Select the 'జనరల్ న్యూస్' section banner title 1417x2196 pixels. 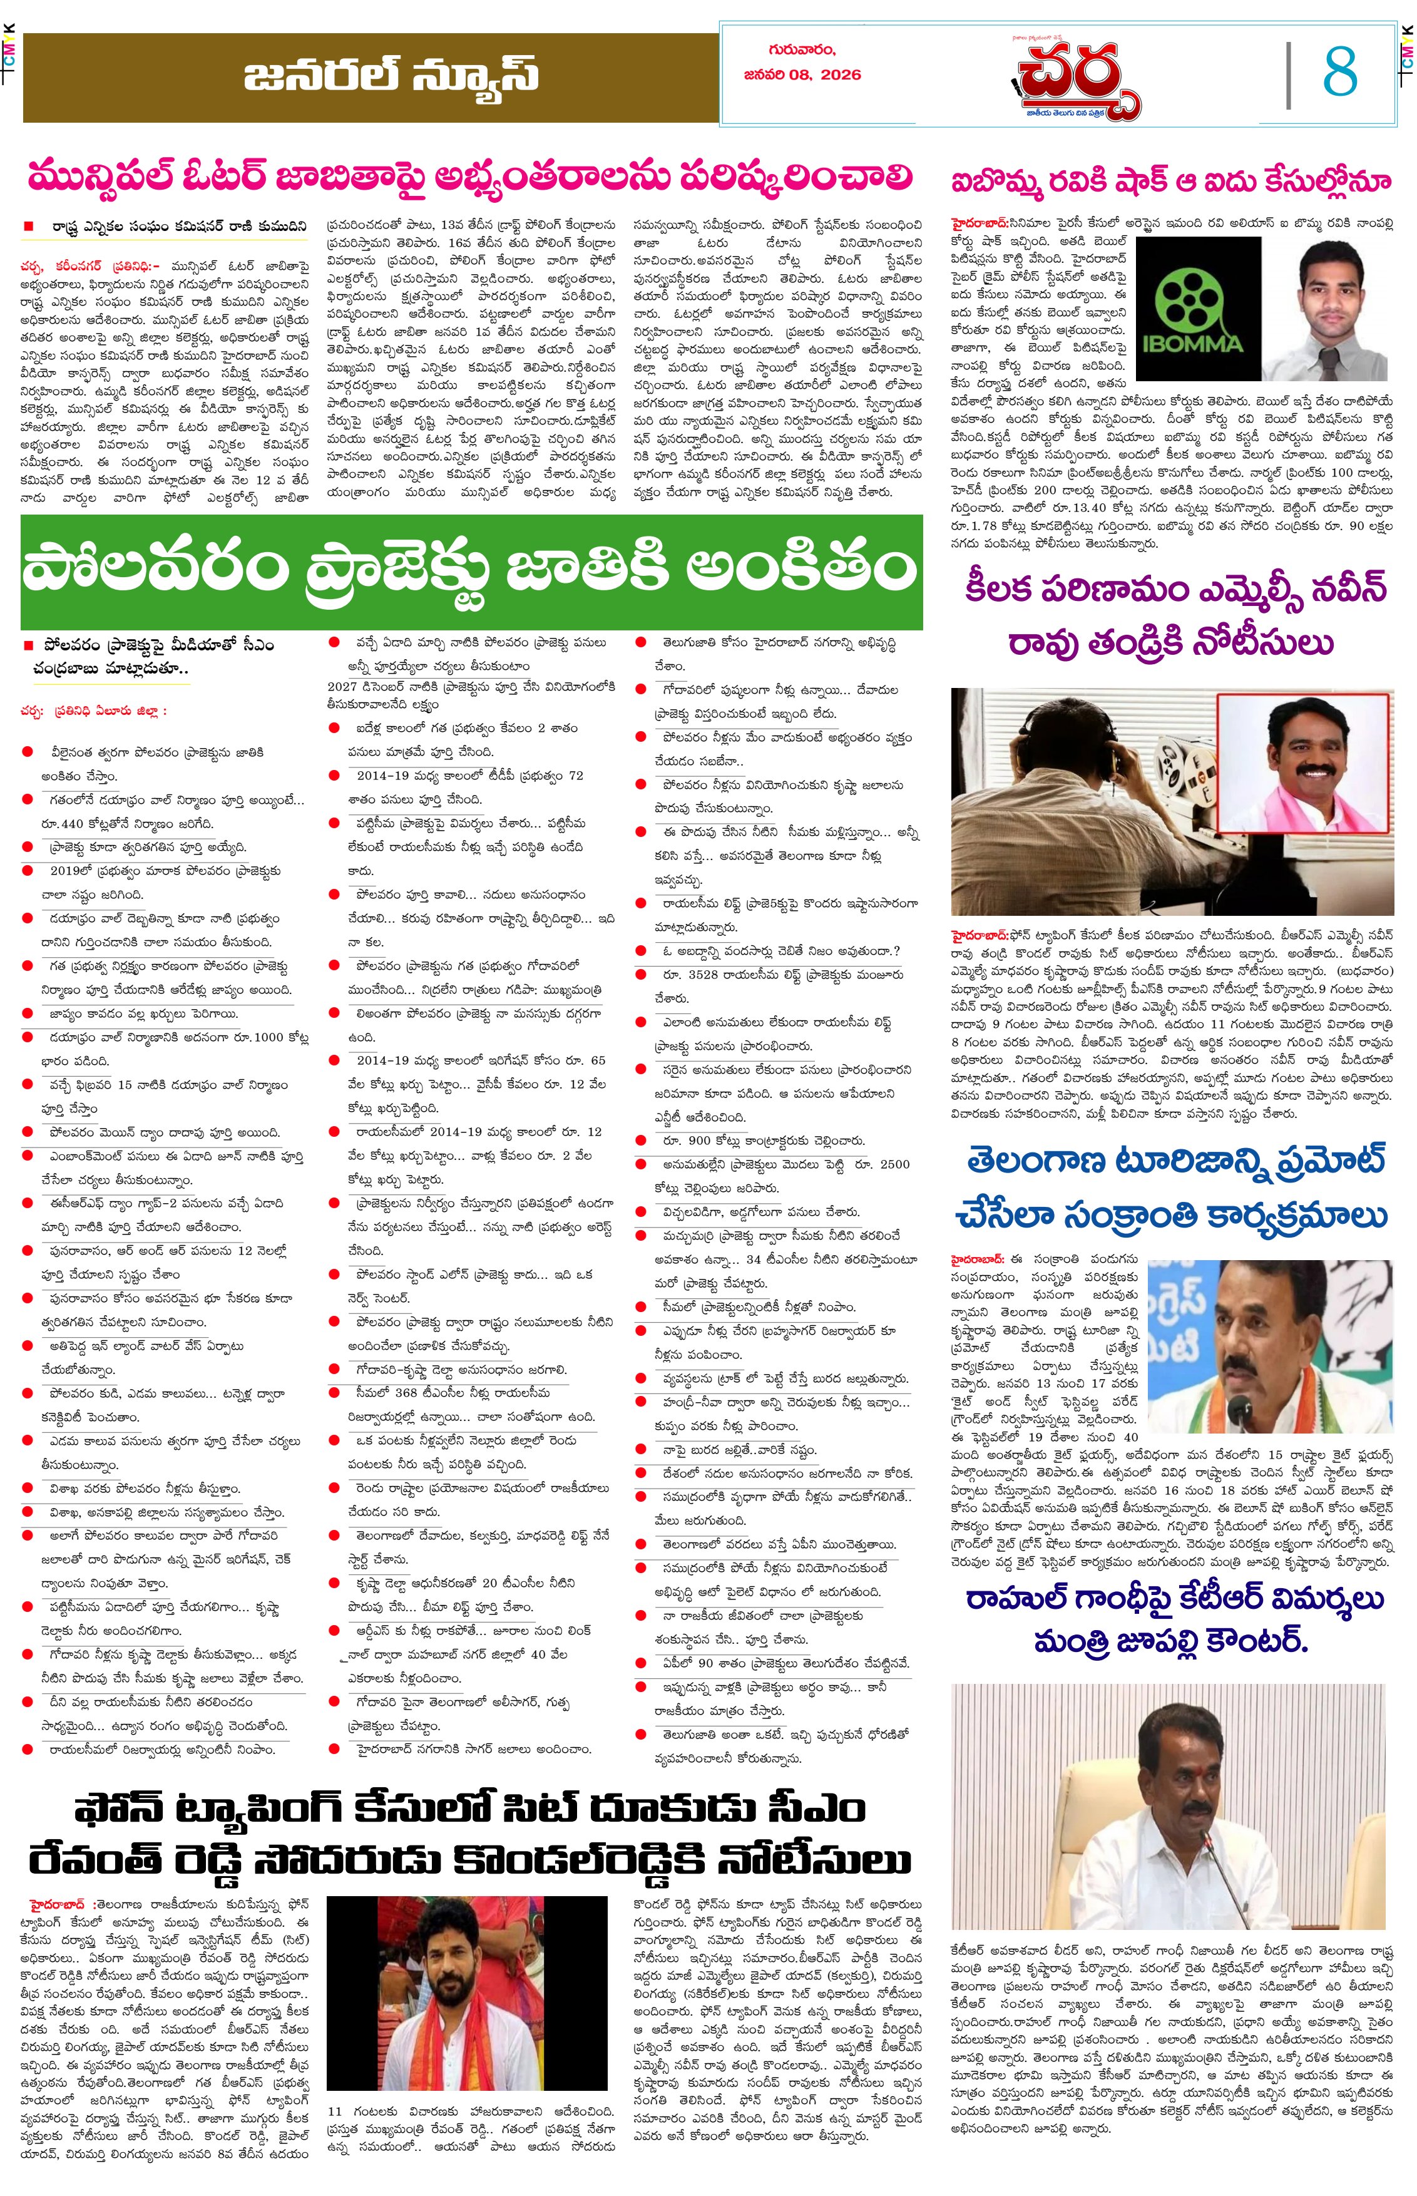[391, 76]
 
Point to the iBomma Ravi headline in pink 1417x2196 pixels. [1170, 182]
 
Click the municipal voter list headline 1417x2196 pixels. [469, 175]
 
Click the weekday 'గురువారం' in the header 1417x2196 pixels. [802, 49]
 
